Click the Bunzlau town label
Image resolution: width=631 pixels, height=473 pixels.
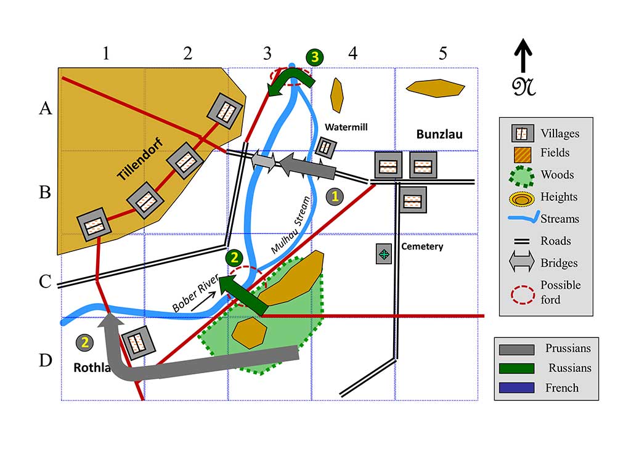click(x=439, y=134)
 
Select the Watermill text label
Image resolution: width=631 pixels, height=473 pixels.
click(x=346, y=127)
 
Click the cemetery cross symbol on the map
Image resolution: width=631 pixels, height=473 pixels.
click(x=385, y=254)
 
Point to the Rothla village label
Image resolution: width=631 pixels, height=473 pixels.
click(x=92, y=368)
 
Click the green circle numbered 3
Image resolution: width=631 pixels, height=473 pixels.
click(x=315, y=57)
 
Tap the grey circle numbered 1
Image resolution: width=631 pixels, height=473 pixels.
click(x=335, y=196)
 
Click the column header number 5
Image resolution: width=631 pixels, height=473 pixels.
click(x=442, y=54)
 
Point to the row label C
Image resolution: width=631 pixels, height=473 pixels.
click(x=45, y=281)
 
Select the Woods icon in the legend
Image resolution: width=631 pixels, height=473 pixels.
click(x=521, y=176)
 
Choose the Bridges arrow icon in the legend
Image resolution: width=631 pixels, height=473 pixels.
click(x=521, y=263)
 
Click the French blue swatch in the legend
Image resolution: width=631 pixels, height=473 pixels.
click(x=516, y=387)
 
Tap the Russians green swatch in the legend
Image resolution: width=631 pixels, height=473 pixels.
click(x=516, y=368)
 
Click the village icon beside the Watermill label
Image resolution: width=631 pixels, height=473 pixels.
click(x=325, y=147)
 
